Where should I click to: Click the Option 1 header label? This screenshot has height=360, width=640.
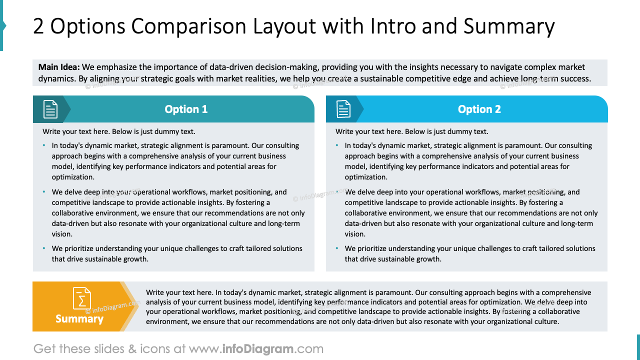click(186, 109)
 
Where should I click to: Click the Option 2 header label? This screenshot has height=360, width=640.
click(479, 109)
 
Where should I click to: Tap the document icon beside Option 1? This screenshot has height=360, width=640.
click(50, 109)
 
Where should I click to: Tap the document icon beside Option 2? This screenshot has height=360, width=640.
click(343, 109)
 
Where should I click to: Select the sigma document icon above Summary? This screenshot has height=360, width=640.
click(81, 298)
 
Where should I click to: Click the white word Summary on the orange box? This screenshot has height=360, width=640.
click(79, 319)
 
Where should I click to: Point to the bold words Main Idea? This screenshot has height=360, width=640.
click(59, 67)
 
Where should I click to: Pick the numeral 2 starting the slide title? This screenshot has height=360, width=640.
click(38, 26)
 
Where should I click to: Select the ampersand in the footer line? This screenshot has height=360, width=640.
click(132, 349)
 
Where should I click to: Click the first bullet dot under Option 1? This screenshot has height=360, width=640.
click(44, 145)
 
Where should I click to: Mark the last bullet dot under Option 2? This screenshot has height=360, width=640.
click(337, 248)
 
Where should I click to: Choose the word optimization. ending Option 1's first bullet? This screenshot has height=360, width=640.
click(73, 177)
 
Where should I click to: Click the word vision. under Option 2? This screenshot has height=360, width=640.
click(355, 234)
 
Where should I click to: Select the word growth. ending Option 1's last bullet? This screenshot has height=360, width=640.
click(136, 259)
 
